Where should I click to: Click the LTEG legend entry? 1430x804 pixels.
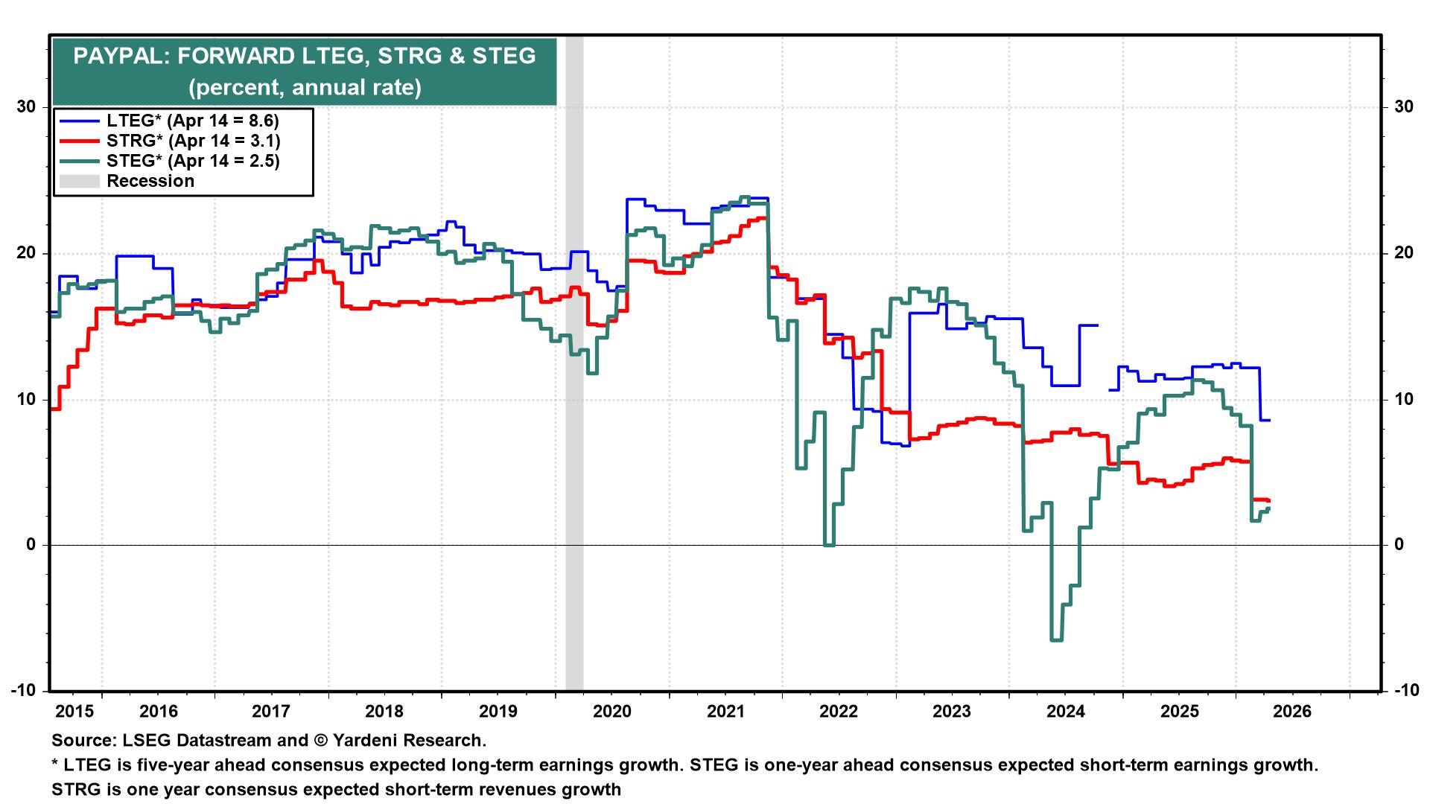[x=192, y=121]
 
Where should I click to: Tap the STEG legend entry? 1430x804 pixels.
[x=193, y=161]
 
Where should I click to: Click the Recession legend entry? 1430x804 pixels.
[x=150, y=181]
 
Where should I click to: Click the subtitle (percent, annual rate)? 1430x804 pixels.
[x=305, y=88]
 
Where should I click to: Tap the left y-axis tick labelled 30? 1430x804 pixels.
[x=26, y=107]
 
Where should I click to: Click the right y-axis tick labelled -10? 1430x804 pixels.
[x=1403, y=691]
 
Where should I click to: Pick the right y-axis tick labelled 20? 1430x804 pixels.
[x=1403, y=253]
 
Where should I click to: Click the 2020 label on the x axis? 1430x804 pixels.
[x=612, y=711]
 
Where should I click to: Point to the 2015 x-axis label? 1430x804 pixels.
[x=75, y=711]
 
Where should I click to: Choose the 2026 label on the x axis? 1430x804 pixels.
[x=1292, y=711]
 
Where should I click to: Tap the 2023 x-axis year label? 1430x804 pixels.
[x=952, y=711]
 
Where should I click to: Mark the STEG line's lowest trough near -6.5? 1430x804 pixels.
[x=1056, y=639]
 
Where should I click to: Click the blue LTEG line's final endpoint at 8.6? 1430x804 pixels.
[x=1268, y=421]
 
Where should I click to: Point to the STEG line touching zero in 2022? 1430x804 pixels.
[x=829, y=545]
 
